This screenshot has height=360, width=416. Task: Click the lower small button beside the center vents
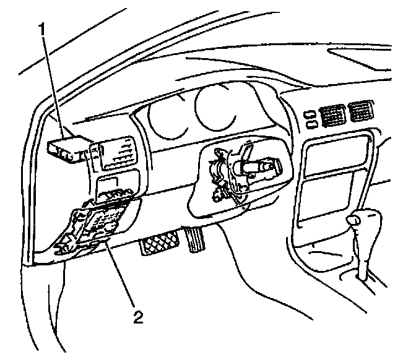coord(309,123)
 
